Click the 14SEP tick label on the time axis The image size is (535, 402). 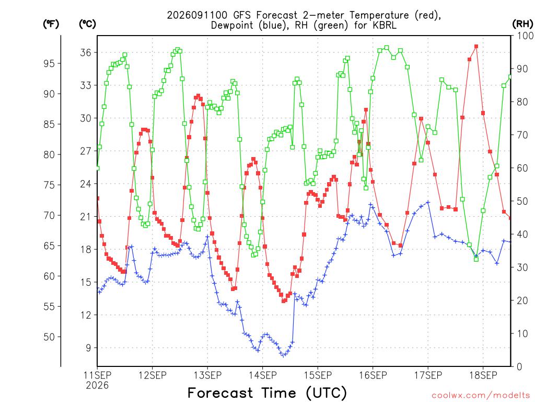click(262, 375)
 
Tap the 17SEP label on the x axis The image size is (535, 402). click(428, 375)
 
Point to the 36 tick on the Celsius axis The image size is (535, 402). click(86, 52)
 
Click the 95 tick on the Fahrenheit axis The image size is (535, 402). click(49, 63)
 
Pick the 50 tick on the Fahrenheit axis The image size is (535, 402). click(49, 337)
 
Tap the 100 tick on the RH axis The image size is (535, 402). click(525, 36)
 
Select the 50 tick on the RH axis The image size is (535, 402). click(522, 202)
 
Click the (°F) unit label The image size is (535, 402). click(51, 24)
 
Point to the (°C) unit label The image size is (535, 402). click(87, 24)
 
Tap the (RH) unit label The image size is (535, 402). click(522, 24)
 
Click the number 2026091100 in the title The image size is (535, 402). click(197, 15)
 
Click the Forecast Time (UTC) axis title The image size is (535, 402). click(267, 393)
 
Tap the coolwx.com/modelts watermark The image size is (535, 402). click(481, 396)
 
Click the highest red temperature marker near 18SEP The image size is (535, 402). click(476, 46)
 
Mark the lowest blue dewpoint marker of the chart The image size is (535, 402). click(283, 355)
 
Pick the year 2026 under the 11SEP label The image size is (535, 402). click(97, 386)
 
